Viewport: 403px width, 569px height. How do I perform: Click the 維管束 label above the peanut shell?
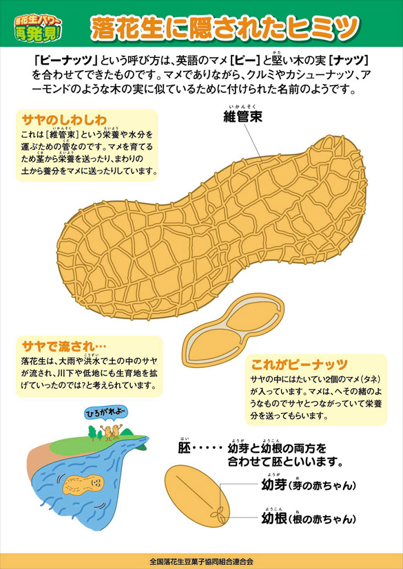242,117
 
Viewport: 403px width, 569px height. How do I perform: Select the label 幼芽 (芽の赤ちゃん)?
308,485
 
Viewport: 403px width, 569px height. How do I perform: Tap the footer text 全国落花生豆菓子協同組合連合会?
201,561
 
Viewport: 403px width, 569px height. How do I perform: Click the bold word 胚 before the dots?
184,449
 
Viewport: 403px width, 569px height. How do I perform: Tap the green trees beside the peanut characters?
96,433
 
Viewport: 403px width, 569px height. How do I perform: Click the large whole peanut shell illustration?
212,228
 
